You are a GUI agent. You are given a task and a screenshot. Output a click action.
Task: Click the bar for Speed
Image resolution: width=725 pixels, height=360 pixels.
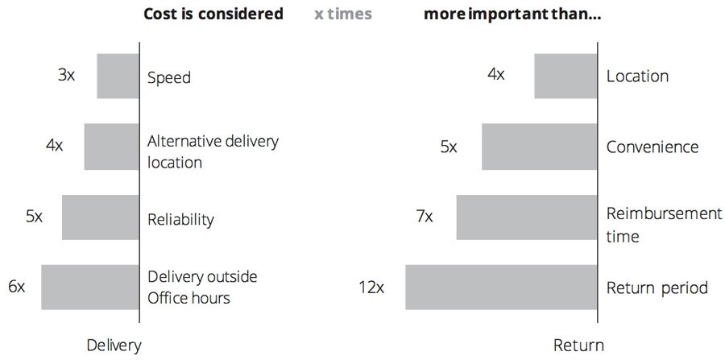[118, 77]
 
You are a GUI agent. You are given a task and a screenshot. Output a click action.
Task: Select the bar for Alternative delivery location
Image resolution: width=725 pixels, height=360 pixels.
[111, 147]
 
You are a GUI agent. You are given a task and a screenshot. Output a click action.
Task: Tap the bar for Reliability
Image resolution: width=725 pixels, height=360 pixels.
[100, 217]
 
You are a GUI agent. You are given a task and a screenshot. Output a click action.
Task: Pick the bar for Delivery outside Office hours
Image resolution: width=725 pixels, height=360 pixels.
[89, 288]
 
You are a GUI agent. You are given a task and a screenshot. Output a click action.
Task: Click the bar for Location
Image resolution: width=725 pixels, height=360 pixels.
[565, 77]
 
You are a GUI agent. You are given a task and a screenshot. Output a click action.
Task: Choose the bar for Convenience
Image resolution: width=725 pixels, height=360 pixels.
[539, 147]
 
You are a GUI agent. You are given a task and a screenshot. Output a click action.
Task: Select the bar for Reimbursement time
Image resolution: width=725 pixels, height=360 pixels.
[526, 217]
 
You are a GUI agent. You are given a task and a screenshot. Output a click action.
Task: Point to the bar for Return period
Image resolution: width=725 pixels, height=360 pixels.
[501, 288]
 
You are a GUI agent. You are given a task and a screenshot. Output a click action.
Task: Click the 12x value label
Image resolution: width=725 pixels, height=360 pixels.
[371, 288]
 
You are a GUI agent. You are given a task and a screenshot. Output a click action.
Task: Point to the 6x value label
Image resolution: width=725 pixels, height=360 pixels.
[17, 287]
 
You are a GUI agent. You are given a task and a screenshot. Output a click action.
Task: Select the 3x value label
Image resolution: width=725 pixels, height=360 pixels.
[67, 76]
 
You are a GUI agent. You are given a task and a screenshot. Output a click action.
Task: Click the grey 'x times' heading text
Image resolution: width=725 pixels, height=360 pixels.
[343, 14]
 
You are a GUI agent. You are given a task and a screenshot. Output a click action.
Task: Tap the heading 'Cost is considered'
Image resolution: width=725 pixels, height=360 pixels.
[213, 14]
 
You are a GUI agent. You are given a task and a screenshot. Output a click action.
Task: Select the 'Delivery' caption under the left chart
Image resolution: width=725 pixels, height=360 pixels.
[114, 346]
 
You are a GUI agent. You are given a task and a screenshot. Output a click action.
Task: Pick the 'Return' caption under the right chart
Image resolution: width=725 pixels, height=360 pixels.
[578, 346]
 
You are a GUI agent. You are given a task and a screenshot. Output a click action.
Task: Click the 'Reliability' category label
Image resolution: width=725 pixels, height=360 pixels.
[181, 219]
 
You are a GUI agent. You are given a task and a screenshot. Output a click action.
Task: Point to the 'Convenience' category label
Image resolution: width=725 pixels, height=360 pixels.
[652, 147]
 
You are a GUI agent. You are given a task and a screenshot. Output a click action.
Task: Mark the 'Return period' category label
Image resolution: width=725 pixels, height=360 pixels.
[657, 288]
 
